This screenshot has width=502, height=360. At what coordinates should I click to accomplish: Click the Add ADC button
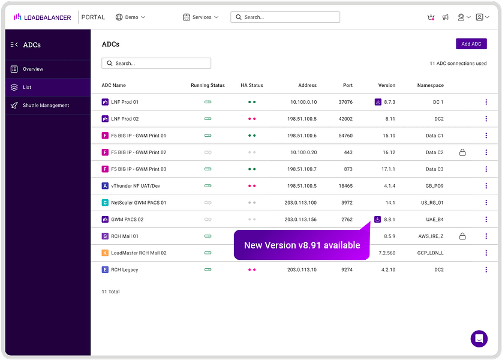[471, 44]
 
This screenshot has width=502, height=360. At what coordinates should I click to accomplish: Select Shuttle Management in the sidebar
[46, 106]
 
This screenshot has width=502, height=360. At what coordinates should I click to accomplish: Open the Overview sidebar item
[33, 69]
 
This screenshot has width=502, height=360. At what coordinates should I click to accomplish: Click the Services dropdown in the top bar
[201, 17]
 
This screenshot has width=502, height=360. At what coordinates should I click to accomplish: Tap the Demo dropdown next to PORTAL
[130, 17]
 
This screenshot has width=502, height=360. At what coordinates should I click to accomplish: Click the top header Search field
[285, 17]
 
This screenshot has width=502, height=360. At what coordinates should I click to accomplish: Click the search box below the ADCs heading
[156, 63]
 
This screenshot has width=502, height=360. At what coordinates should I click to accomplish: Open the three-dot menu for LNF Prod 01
[486, 102]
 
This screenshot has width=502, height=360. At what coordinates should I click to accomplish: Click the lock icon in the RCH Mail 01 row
[462, 236]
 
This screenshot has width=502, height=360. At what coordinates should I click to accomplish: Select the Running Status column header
[208, 85]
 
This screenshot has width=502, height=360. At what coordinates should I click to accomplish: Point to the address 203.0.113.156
[300, 220]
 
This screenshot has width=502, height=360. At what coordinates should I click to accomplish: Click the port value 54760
[345, 136]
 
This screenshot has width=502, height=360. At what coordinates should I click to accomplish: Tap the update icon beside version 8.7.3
[378, 102]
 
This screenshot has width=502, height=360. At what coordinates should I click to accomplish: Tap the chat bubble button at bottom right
[479, 338]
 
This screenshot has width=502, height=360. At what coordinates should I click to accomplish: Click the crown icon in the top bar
[431, 17]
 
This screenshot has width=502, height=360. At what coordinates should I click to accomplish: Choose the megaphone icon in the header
[446, 17]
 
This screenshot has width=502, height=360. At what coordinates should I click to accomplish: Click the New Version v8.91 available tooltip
[302, 245]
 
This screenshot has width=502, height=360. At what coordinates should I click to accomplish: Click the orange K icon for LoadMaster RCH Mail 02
[105, 253]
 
